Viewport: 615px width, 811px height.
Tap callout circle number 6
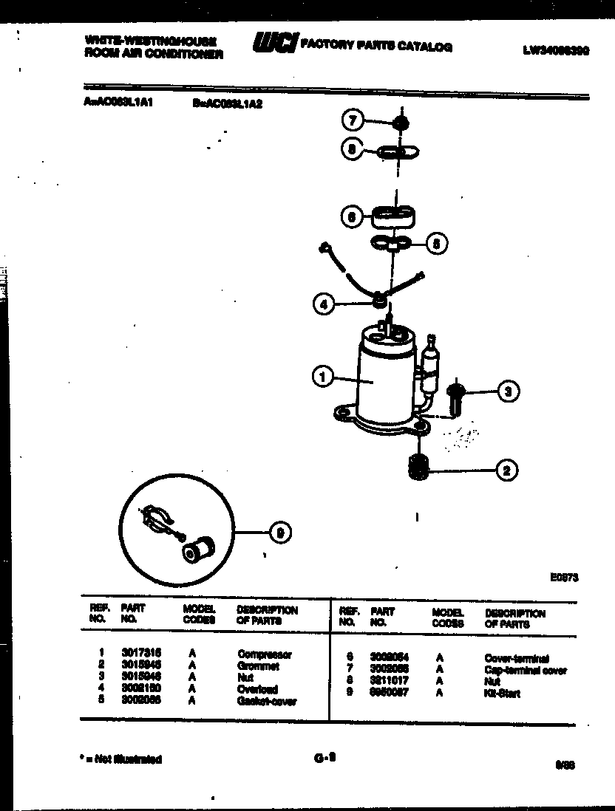pos(353,216)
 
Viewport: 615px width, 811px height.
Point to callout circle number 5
pos(438,243)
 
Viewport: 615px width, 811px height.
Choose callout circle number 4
pos(322,303)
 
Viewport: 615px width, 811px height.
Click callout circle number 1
pos(322,377)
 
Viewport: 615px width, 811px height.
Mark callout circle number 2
pos(506,470)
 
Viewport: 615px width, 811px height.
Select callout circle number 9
pos(279,532)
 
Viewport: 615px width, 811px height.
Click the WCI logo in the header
pos(274,44)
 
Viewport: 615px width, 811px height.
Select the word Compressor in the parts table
pos(265,654)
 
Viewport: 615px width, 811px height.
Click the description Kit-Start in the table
pos(502,694)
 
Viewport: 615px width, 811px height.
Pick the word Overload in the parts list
pos(258,689)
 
